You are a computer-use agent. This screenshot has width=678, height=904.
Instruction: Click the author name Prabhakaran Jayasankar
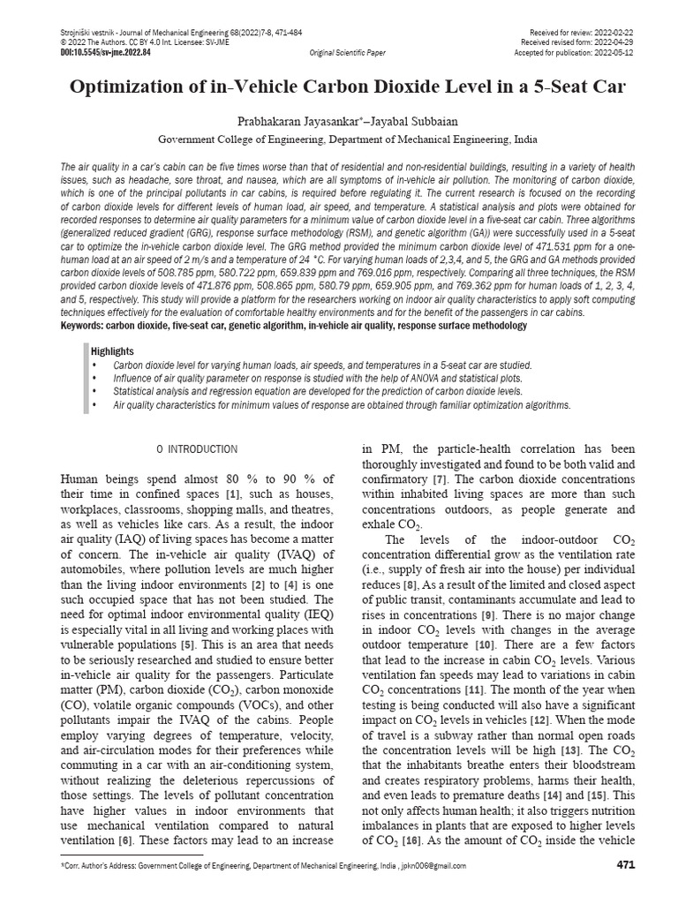(x=284, y=121)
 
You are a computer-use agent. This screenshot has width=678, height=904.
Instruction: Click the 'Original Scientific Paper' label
(x=347, y=53)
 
